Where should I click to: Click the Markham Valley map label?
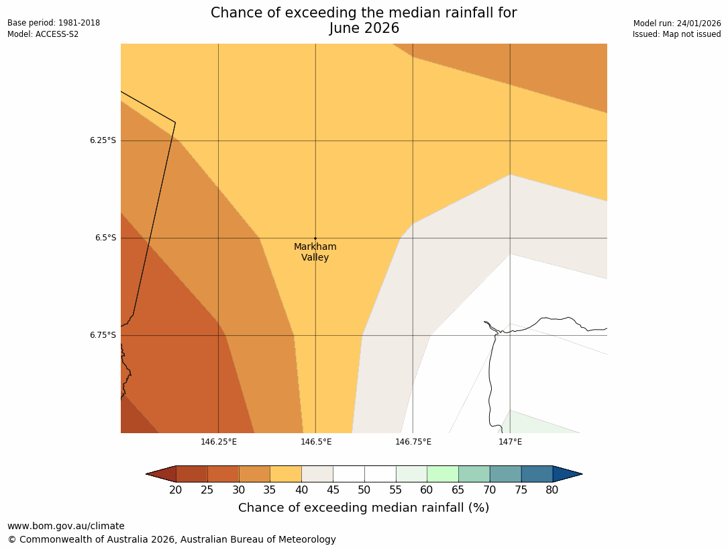315,252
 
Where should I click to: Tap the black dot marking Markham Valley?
315,238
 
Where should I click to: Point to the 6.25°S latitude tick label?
103,140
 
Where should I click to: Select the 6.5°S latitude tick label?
105,238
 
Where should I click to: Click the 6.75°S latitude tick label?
103,335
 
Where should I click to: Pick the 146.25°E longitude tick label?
218,442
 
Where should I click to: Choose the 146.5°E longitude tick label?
315,442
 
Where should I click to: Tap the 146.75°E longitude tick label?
413,442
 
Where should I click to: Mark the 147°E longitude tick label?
510,442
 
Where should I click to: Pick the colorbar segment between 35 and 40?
286,474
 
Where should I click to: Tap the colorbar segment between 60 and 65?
442,474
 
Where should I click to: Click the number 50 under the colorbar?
364,490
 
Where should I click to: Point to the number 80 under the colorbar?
552,490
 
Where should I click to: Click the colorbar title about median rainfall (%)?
364,508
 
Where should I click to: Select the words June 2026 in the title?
364,29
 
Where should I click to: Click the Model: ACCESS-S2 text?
43,34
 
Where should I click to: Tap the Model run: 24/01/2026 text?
677,23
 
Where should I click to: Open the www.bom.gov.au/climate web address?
66,526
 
